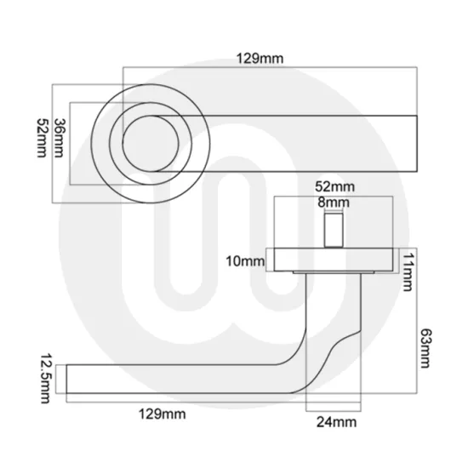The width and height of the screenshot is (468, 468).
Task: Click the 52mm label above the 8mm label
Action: pyautogui.click(x=334, y=186)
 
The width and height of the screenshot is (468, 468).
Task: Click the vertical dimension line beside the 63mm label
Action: pyautogui.click(x=414, y=340)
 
